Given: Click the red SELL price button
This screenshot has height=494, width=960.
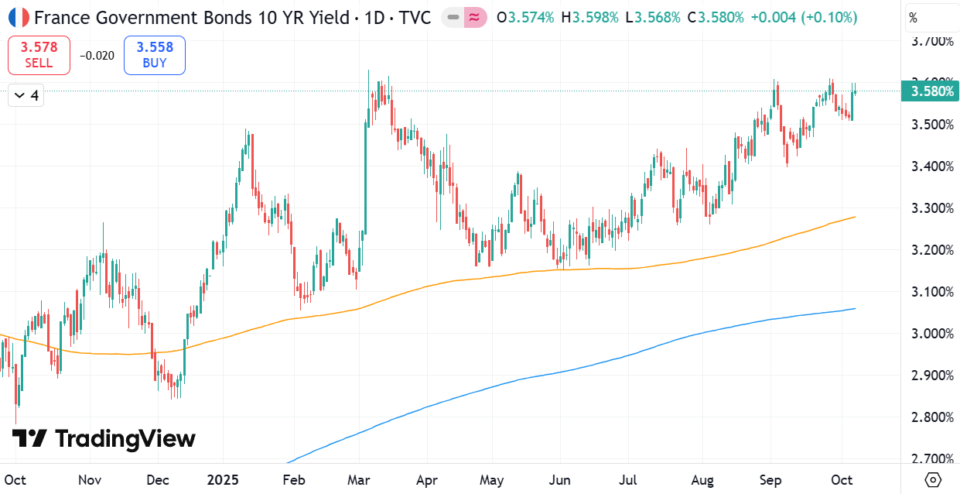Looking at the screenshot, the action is point(39,55).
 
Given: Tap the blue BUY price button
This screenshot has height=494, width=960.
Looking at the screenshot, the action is point(155,55).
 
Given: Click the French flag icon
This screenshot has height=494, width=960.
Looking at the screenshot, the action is point(19,18).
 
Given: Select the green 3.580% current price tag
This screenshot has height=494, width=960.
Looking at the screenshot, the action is point(930,91).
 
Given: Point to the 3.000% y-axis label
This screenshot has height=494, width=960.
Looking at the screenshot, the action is point(932,334).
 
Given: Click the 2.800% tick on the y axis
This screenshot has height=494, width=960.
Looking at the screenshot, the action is point(932,417).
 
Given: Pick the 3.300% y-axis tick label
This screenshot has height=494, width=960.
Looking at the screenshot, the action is point(932,208).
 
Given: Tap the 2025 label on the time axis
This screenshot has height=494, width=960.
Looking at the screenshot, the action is point(223,480).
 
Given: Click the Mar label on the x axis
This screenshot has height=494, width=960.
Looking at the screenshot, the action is point(359,480).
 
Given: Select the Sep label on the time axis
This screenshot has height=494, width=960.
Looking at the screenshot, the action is point(770,480).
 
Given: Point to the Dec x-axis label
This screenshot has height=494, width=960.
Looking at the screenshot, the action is point(158,480).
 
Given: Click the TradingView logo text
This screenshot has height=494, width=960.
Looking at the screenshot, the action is point(125,439).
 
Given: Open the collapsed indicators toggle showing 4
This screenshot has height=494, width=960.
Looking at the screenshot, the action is point(26,95).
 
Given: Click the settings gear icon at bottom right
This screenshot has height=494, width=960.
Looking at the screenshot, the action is point(933,479).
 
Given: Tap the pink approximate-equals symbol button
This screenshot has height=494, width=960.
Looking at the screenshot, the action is point(475,18).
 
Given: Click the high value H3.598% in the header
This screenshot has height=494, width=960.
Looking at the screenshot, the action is point(589,18).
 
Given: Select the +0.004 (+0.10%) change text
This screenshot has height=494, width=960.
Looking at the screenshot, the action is point(804,18).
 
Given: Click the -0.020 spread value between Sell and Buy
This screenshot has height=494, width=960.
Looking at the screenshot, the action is point(97,56).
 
